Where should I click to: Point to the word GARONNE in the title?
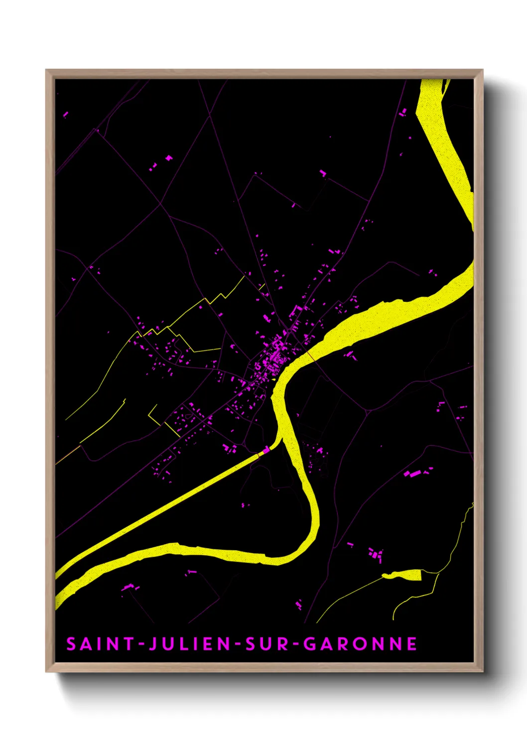[x=360, y=644]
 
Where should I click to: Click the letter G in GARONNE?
[x=309, y=644]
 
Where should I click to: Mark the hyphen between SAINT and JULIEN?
[x=141, y=644]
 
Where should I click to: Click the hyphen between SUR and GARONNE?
[x=296, y=644]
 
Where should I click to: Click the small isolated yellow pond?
[x=403, y=575]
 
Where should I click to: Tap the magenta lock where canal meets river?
[x=266, y=450]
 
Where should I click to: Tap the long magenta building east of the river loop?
[x=414, y=474]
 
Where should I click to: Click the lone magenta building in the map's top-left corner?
[x=65, y=115]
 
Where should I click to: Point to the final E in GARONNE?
[x=411, y=644]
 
